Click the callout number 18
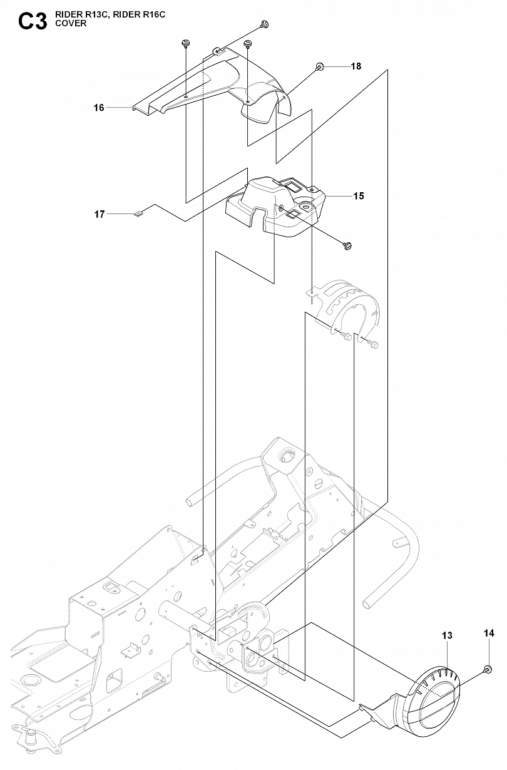pos(356,66)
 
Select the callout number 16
pos(99,108)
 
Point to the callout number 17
pos(100,214)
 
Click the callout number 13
pos(447,635)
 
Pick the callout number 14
pos(489,633)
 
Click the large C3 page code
pos(33,22)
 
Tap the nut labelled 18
pos(319,66)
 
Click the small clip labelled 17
pos(138,214)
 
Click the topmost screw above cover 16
pos(264,24)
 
